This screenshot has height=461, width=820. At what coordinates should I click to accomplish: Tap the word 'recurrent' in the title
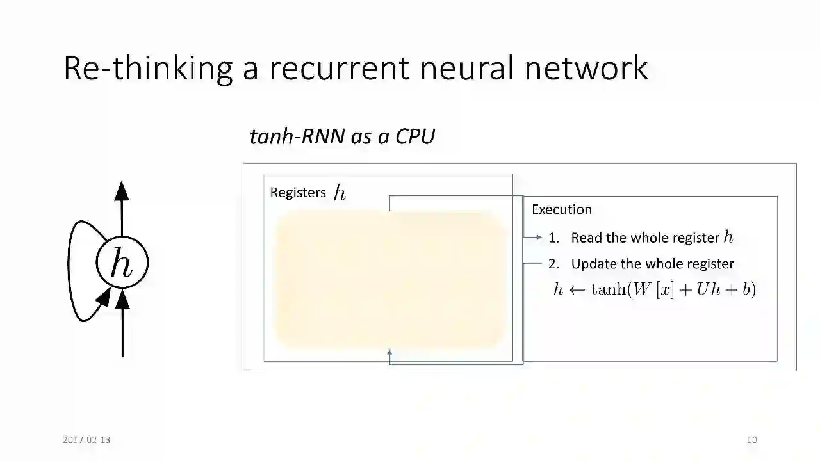(x=340, y=68)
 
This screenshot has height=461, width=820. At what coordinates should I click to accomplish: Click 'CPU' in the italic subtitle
(x=415, y=136)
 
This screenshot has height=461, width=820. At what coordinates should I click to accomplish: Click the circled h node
(x=122, y=263)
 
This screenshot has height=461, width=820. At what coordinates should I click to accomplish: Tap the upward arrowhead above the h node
(x=122, y=190)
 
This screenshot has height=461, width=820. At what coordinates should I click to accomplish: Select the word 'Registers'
(x=298, y=193)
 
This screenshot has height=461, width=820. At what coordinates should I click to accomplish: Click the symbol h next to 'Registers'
(x=340, y=193)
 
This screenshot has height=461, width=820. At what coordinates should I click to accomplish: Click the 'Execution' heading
(x=562, y=209)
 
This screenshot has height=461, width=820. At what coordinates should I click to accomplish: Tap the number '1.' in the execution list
(x=553, y=238)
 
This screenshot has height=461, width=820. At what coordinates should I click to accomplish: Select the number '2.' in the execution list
(x=553, y=264)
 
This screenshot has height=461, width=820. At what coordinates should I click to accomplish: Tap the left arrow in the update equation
(x=577, y=289)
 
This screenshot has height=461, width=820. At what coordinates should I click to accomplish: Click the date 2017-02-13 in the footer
(x=86, y=440)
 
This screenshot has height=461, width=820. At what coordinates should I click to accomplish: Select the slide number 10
(x=752, y=440)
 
